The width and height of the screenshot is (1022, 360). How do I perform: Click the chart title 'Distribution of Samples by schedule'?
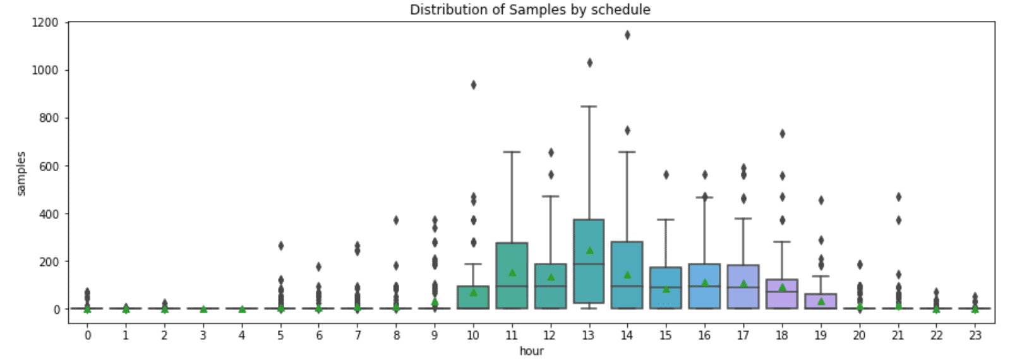tap(529, 9)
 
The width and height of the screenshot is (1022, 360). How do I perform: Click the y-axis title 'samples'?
tap(21, 173)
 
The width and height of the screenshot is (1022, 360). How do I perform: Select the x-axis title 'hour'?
tap(531, 351)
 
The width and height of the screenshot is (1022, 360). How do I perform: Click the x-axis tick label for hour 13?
tap(588, 335)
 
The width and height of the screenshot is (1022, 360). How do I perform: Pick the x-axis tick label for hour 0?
tap(87, 335)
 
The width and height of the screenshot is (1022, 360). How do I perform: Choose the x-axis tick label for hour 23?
tap(975, 335)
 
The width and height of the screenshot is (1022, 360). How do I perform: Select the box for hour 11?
tap(512, 265)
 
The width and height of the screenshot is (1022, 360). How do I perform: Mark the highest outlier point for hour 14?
tap(627, 35)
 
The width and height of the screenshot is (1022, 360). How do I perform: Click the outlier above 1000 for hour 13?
tap(589, 63)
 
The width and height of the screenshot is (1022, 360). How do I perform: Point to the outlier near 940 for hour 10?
tap(473, 85)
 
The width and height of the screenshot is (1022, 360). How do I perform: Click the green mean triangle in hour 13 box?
tap(589, 250)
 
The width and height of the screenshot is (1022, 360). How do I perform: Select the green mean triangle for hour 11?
tap(512, 272)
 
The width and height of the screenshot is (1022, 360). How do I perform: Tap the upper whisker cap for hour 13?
tap(589, 106)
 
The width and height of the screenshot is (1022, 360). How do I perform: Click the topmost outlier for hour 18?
tap(782, 133)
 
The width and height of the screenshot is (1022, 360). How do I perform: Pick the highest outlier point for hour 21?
tap(898, 197)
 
